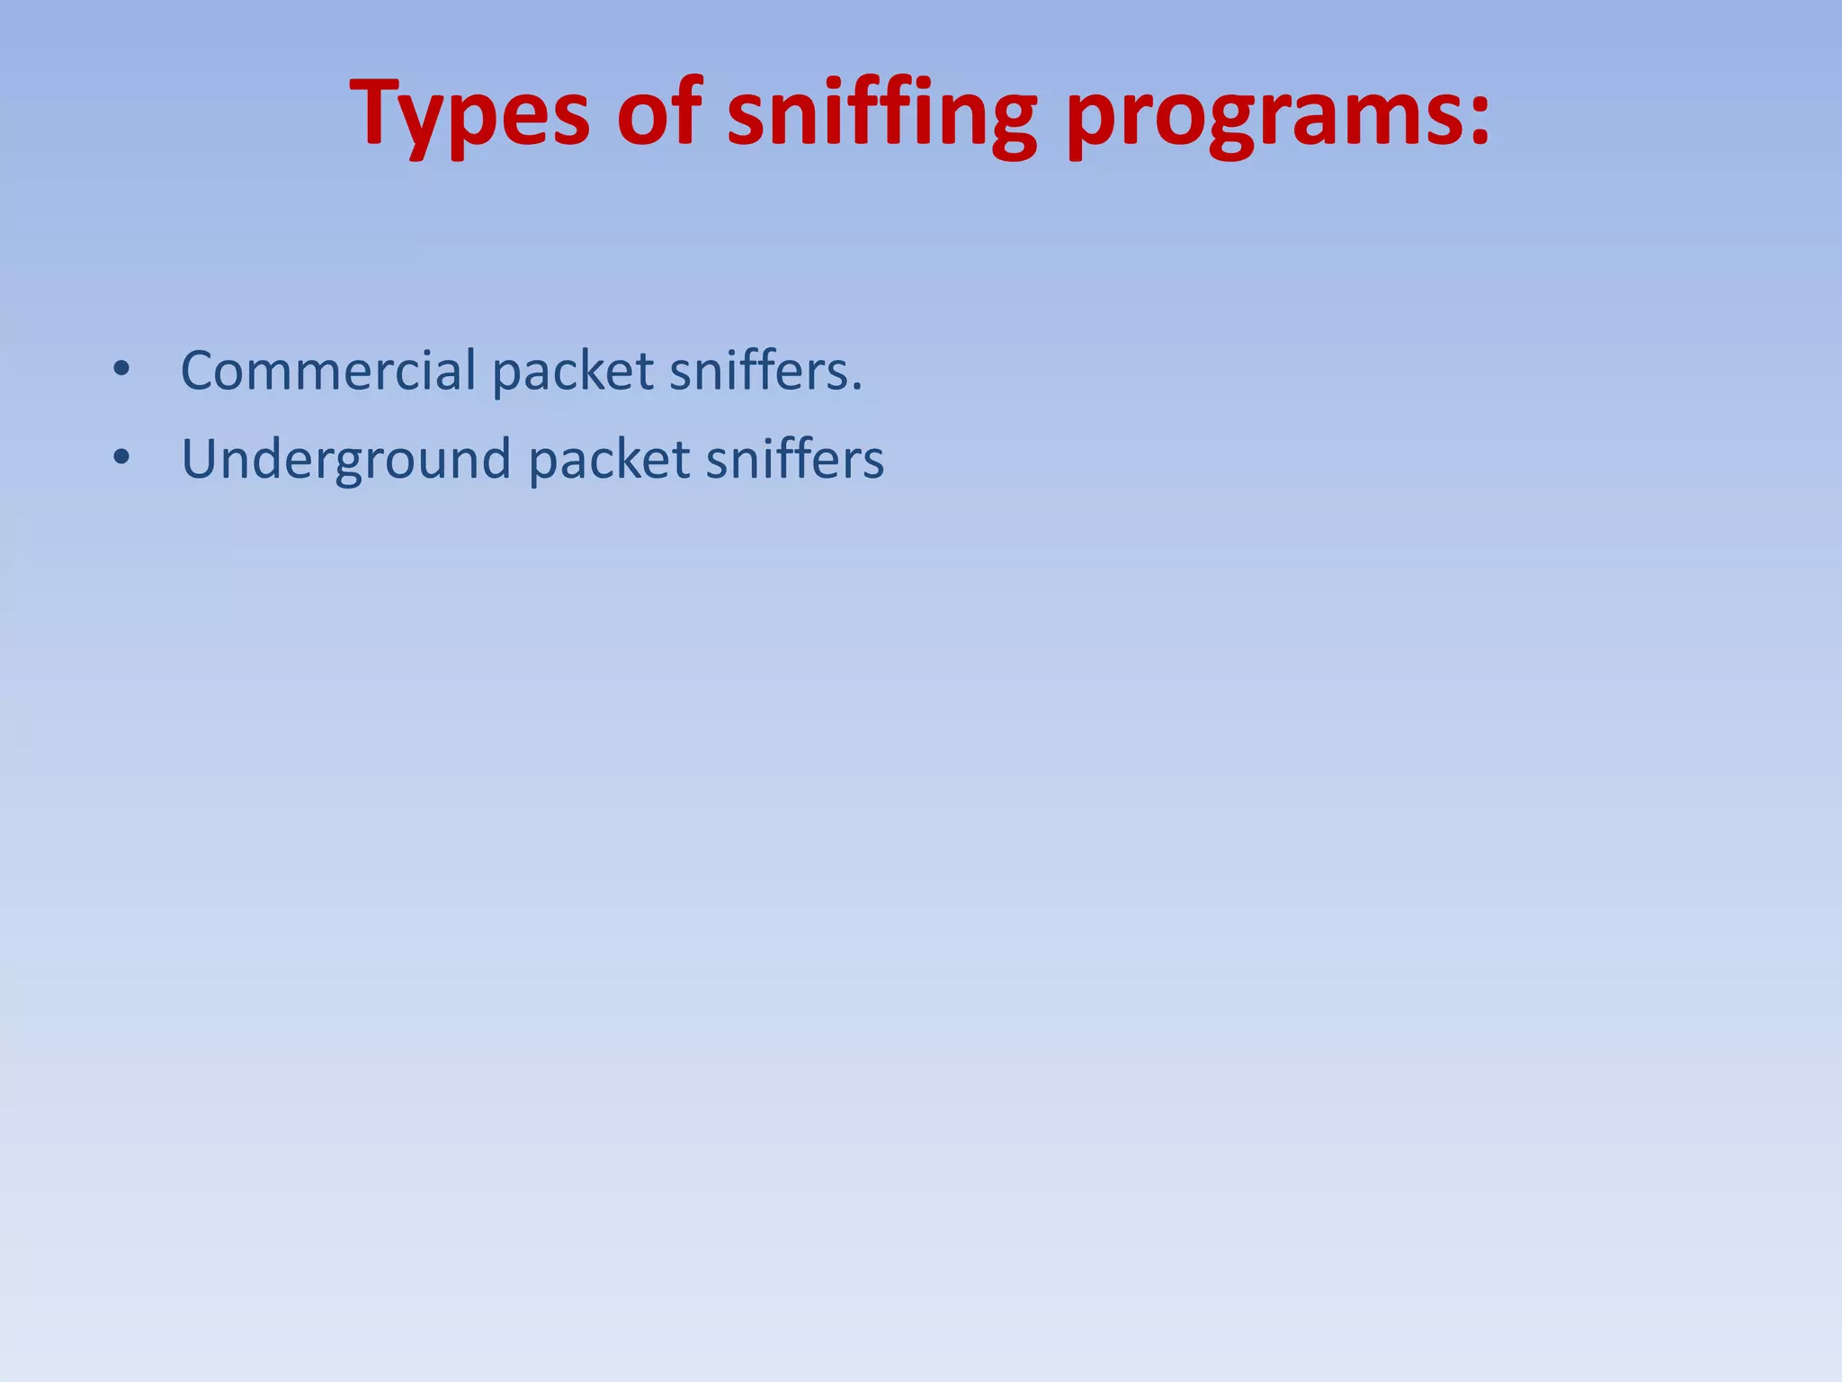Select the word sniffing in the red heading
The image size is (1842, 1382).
pos(881,115)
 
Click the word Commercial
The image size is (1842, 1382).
pos(328,370)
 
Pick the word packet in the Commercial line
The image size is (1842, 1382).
pos(573,372)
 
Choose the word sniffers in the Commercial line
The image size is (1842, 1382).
pos(757,370)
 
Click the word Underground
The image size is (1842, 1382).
pos(346,460)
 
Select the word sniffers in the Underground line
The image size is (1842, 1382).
pos(794,459)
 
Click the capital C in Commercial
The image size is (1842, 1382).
pos(201,371)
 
